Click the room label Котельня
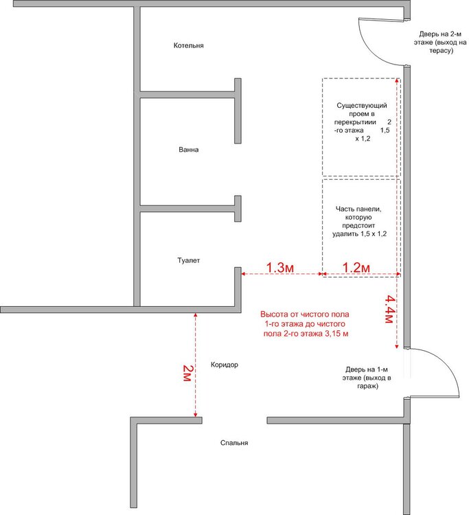click(x=189, y=45)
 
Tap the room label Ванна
click(x=189, y=150)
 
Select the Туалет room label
click(x=189, y=260)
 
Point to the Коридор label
click(x=225, y=365)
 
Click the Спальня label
click(x=234, y=443)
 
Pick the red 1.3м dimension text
click(x=280, y=267)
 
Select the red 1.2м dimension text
click(x=356, y=267)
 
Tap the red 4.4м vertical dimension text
click(x=389, y=309)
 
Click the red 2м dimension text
click(x=187, y=373)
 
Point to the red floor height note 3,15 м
click(x=305, y=324)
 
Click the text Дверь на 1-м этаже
click(x=367, y=378)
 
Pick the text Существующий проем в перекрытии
click(x=362, y=122)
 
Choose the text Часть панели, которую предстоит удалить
click(x=359, y=221)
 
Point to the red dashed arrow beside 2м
click(x=196, y=365)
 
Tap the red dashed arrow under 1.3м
click(x=282, y=273)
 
